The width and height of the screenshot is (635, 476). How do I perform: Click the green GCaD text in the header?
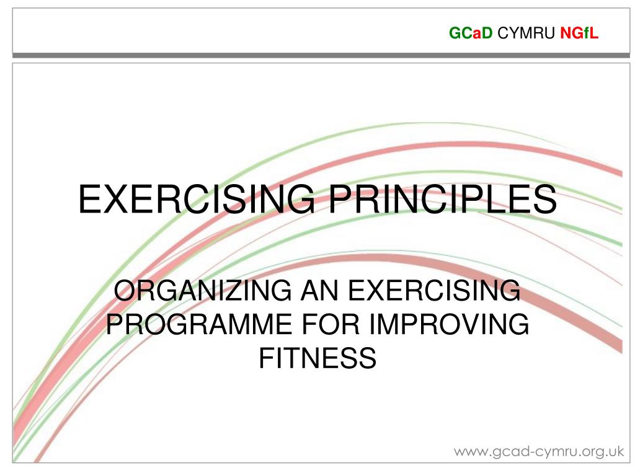(471, 34)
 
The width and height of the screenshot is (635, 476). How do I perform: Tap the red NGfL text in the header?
(579, 34)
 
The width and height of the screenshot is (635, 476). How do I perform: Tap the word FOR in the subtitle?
(332, 325)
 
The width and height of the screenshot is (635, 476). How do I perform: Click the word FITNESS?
(317, 358)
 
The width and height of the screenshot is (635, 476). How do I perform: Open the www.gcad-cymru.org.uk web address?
(538, 451)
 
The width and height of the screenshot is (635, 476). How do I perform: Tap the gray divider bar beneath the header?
(317, 55)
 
